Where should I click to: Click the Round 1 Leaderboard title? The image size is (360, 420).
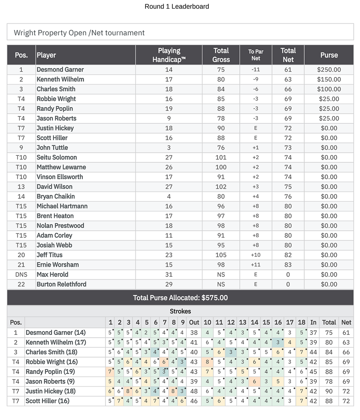pyautogui.click(x=177, y=6)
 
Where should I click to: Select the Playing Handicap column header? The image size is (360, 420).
pyautogui.click(x=169, y=55)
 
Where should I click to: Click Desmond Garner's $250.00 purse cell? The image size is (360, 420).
pyautogui.click(x=329, y=70)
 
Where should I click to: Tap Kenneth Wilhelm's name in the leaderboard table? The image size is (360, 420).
pyautogui.click(x=60, y=79)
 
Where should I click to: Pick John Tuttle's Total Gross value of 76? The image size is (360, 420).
pyautogui.click(x=221, y=148)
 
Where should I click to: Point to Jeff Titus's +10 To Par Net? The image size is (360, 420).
pyautogui.click(x=255, y=255)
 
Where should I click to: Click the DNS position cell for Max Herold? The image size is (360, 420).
pyautogui.click(x=21, y=274)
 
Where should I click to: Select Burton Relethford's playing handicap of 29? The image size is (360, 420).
pyautogui.click(x=169, y=284)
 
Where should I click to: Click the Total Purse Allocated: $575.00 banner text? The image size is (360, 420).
pyautogui.click(x=180, y=298)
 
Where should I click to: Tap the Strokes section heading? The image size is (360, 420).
pyautogui.click(x=180, y=311)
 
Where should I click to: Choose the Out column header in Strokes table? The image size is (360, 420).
pyautogui.click(x=194, y=322)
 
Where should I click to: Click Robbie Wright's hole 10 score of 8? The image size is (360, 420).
pyautogui.click(x=207, y=362)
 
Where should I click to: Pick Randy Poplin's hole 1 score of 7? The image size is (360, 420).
pyautogui.click(x=110, y=372)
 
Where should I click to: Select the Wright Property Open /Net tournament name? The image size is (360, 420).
pyautogui.click(x=79, y=33)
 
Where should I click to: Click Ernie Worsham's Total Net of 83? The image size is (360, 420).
pyautogui.click(x=288, y=265)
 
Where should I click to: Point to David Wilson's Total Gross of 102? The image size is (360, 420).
pyautogui.click(x=221, y=187)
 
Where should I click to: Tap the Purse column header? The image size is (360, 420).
pyautogui.click(x=329, y=55)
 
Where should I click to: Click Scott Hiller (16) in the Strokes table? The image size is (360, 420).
pyautogui.click(x=47, y=401)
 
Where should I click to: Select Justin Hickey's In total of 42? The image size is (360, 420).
pyautogui.click(x=313, y=391)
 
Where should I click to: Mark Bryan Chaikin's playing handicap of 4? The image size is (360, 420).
pyautogui.click(x=169, y=196)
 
